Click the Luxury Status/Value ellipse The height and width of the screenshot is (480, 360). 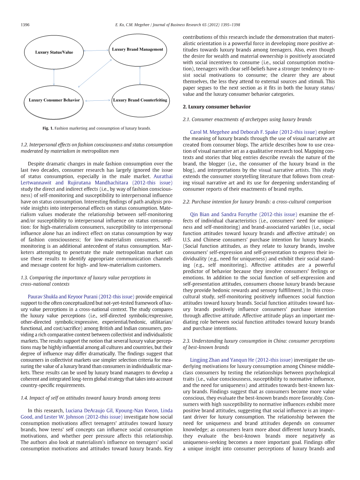point(54,52)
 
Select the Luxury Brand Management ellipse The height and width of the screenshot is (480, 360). point(137,49)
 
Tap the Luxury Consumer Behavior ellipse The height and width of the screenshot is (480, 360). point(54,100)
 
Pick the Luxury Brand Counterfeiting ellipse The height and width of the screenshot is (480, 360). point(140,100)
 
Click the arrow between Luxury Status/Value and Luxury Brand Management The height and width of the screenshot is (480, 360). point(96,50)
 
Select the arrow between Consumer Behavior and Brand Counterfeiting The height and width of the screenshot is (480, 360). point(97,101)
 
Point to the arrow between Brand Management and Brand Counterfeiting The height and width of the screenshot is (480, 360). point(140,75)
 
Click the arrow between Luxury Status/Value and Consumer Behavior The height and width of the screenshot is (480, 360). point(54,77)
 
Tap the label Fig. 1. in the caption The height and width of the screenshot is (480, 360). point(48,128)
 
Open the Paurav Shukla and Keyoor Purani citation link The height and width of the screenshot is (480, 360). point(81,296)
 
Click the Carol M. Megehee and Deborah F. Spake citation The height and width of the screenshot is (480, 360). point(253,132)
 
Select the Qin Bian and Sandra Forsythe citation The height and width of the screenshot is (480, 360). point(243,214)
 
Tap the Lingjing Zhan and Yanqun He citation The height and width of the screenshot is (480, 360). point(241,360)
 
